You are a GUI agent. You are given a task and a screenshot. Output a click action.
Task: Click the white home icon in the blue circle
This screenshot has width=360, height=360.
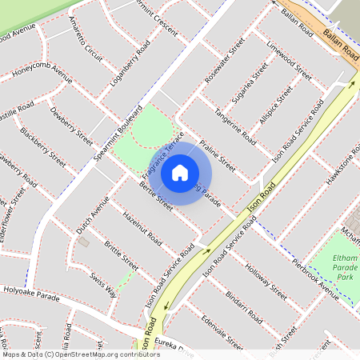point(180,172)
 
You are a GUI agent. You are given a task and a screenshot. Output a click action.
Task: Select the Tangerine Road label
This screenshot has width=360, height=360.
point(235,130)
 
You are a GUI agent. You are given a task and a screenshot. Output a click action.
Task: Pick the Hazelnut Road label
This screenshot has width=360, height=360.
point(142,228)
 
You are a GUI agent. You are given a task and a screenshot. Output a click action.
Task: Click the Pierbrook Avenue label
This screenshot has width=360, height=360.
point(316,273)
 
